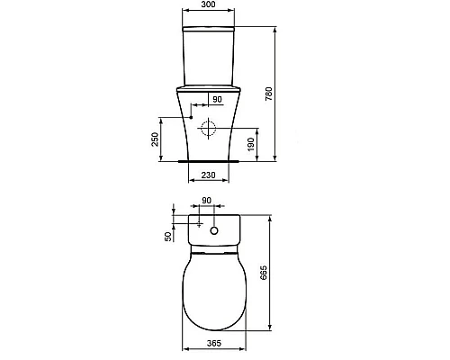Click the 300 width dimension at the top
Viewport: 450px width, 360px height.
(209, 5)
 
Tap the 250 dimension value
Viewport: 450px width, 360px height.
(156, 139)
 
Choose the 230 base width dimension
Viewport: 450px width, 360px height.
(210, 175)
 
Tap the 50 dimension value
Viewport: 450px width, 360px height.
(166, 237)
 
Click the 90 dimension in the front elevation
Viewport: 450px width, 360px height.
(216, 99)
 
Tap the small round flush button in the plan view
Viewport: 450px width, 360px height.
(214, 232)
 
